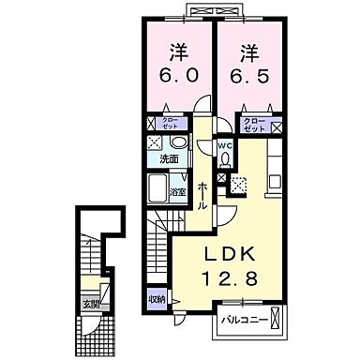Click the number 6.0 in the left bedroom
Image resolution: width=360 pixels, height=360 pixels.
181,76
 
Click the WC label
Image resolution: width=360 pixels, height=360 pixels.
225,146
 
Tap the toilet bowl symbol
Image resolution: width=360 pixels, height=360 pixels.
224,159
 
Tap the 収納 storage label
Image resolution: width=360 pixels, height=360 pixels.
156,299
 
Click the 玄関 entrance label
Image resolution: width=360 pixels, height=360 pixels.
91,303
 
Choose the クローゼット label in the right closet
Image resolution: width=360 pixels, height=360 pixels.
255,124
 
